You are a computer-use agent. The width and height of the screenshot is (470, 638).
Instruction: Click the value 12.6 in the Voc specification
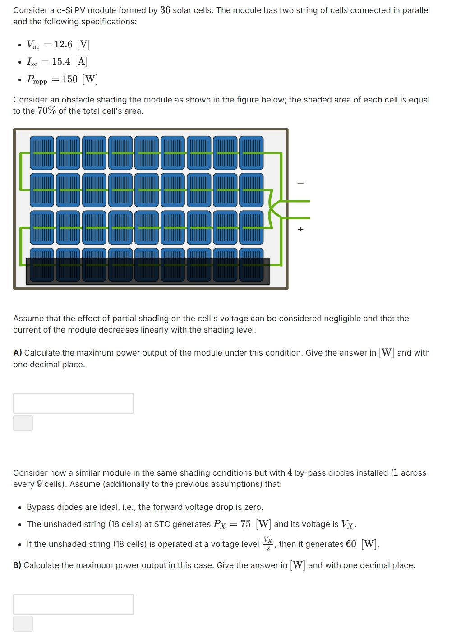63,44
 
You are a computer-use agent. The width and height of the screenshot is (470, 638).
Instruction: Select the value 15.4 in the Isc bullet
61,61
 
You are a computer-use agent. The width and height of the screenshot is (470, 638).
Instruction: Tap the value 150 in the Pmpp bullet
70,79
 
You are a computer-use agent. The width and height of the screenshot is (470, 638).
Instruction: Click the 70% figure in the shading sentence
46,111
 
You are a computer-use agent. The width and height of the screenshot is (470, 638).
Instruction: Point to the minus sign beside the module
300,183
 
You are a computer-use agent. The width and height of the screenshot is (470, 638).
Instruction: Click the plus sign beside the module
300,230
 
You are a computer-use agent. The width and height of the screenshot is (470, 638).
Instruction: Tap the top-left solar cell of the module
42,153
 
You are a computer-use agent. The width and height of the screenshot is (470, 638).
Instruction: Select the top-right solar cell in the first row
251,153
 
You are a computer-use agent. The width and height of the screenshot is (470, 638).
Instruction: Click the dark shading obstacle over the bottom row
147,272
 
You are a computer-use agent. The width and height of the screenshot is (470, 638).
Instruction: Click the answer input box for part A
74,403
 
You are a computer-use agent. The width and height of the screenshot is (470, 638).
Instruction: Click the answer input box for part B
74,604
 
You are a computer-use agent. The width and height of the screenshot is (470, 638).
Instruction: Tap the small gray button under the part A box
23,423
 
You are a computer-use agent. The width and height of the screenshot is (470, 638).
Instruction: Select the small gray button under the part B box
23,624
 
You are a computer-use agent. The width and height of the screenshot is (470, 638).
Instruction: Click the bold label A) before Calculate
18,353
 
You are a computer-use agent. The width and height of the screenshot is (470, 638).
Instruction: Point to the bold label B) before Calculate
18,565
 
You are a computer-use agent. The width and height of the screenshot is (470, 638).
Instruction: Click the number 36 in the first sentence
165,10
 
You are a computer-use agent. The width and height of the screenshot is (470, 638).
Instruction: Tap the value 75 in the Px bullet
245,524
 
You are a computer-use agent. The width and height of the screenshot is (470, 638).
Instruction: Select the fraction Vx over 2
268,544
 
